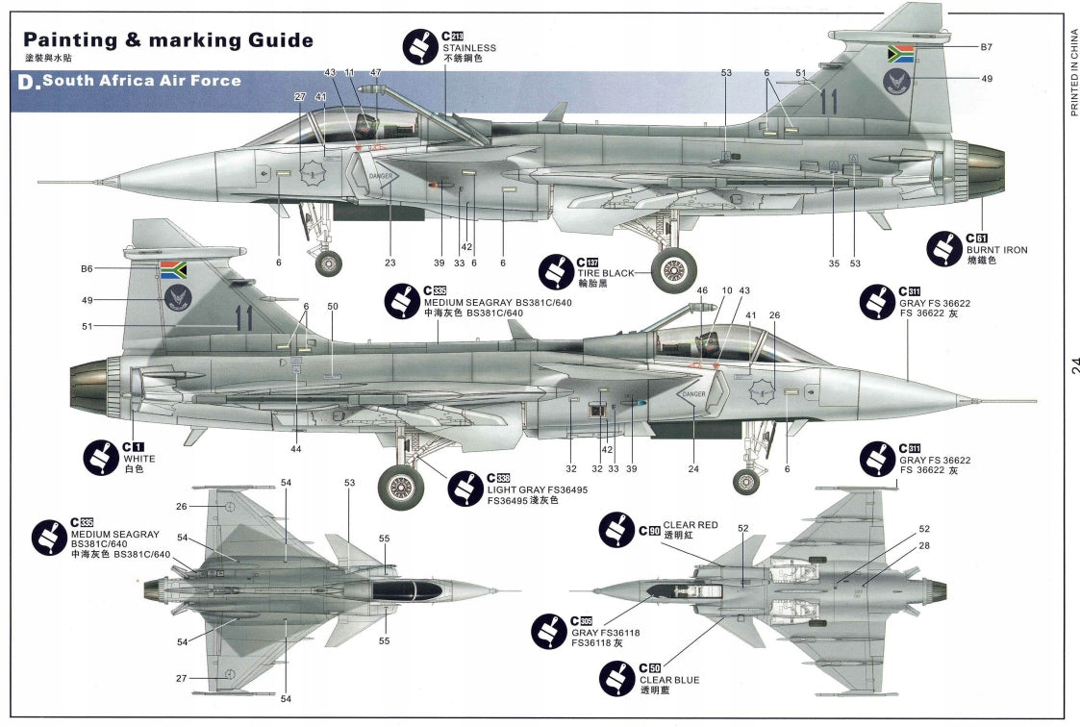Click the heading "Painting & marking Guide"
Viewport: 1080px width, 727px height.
pyautogui.click(x=168, y=40)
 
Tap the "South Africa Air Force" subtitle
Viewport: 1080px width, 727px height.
pyautogui.click(x=140, y=81)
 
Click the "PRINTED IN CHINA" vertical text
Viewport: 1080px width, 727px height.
pyautogui.click(x=1074, y=73)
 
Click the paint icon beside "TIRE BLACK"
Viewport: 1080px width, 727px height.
pyautogui.click(x=556, y=271)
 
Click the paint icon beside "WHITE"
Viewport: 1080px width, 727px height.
pyautogui.click(x=101, y=457)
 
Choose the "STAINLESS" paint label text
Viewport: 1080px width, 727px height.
pyautogui.click(x=469, y=47)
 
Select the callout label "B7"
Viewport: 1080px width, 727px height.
pyautogui.click(x=986, y=47)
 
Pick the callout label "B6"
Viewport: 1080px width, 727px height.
pyautogui.click(x=87, y=268)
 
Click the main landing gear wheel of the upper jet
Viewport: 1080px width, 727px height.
pyautogui.click(x=673, y=269)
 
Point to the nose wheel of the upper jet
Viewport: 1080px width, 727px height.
pyautogui.click(x=329, y=263)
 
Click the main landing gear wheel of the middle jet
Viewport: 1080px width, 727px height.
pyautogui.click(x=400, y=487)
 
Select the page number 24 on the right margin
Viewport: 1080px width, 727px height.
pyautogui.click(x=1073, y=364)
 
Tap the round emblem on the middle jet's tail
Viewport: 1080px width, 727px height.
pyautogui.click(x=174, y=297)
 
